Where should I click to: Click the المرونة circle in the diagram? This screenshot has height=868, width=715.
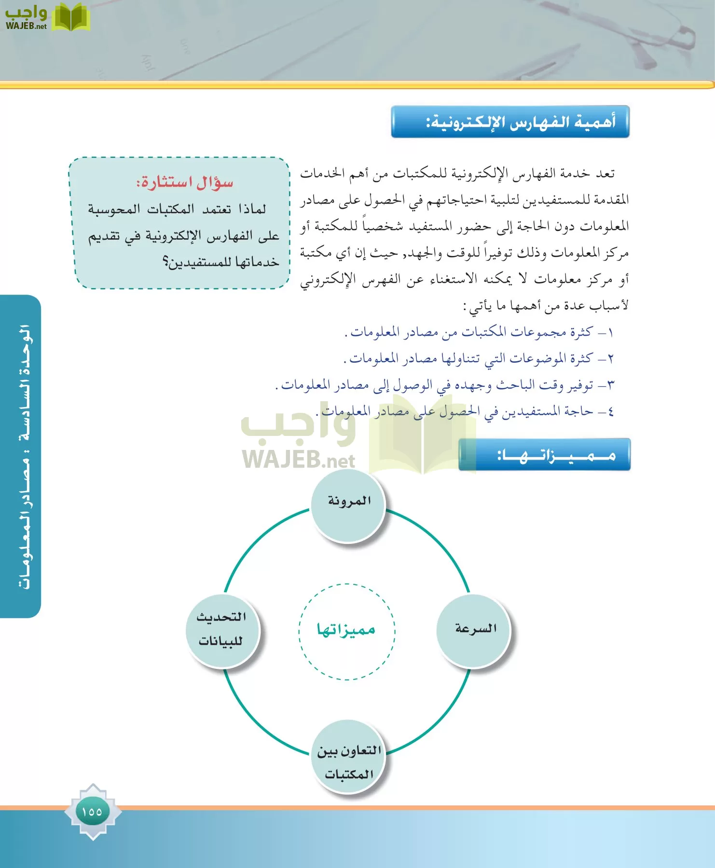tap(348, 506)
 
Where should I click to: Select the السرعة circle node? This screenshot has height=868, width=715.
tap(473, 631)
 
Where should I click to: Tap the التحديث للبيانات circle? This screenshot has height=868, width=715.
tap(222, 631)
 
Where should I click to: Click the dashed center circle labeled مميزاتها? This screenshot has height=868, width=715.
tap(347, 631)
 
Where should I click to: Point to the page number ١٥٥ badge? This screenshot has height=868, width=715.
tap(92, 812)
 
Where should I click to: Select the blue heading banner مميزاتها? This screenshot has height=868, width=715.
tap(545, 454)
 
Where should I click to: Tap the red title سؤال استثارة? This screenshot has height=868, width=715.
tap(185, 183)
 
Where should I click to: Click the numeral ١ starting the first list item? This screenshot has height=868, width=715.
tap(610, 333)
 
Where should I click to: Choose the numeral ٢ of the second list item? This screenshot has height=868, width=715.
tap(610, 359)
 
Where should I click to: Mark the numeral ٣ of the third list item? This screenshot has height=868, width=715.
tap(610, 386)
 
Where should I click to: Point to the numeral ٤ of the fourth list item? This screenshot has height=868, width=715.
tap(610, 412)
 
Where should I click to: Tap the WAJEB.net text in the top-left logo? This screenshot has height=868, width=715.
tap(26, 26)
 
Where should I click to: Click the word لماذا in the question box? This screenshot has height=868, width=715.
tap(252, 209)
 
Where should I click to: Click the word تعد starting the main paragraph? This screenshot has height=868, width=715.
tap(605, 173)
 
